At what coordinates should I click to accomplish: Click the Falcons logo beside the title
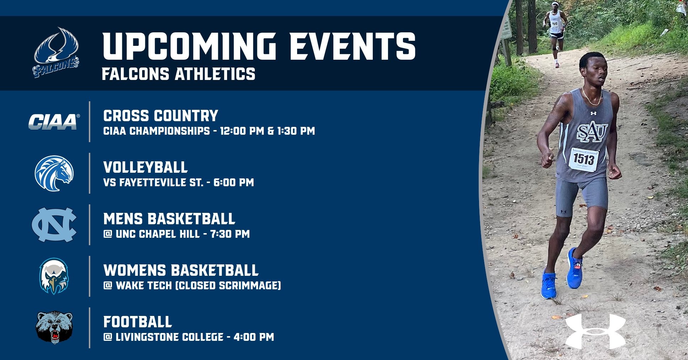56,52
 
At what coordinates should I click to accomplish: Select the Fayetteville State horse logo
54,173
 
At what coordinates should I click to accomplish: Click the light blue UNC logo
54,225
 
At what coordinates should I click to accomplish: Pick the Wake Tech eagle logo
54,276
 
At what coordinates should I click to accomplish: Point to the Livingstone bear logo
54,327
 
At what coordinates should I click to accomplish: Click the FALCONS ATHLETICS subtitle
178,74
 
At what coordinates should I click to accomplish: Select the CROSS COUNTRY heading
161,116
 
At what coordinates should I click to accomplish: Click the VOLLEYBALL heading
145,167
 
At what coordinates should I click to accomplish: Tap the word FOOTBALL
138,322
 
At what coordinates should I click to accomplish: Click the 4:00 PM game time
254,337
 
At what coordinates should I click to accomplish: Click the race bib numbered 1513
584,160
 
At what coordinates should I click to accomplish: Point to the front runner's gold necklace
591,97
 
